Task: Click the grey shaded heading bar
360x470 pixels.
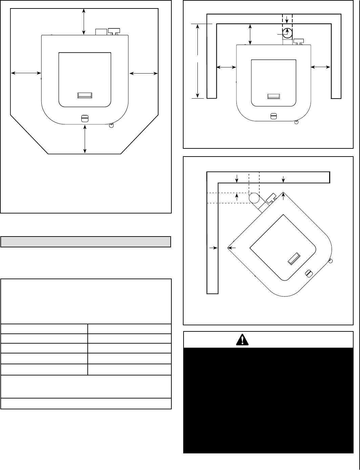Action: (86, 242)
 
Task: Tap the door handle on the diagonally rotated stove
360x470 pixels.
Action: (293, 258)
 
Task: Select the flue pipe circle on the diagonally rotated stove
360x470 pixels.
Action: (254, 198)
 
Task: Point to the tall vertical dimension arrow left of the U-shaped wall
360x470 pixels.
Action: (198, 61)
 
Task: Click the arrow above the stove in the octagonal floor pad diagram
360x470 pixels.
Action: (84, 21)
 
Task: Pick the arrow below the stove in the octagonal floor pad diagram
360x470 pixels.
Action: (85, 139)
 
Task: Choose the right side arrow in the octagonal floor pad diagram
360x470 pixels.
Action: (144, 73)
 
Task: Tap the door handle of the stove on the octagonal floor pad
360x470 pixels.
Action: (85, 96)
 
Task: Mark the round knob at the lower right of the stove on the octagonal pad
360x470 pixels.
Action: (111, 126)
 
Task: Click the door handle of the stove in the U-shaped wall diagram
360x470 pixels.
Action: (274, 96)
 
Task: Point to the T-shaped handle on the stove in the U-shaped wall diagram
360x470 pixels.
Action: (298, 41)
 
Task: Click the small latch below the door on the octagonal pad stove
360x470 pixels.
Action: (85, 118)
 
